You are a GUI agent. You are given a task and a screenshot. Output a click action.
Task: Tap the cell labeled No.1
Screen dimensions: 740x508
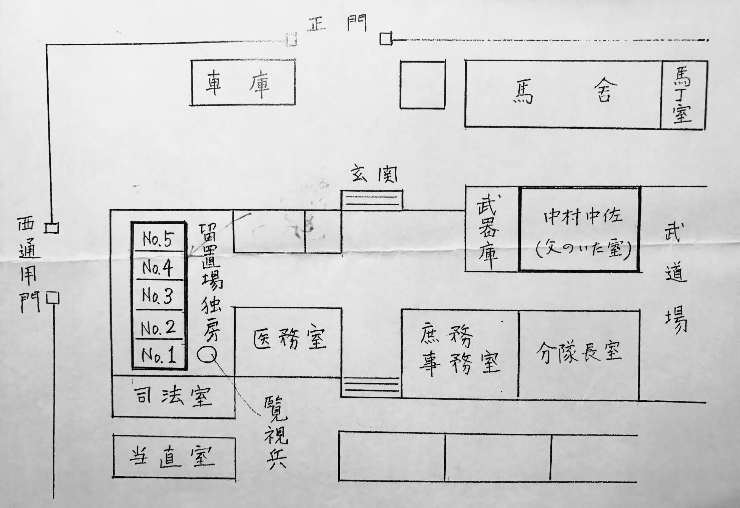click(x=159, y=355)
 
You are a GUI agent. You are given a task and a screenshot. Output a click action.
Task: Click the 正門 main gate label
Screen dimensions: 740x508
click(x=337, y=23)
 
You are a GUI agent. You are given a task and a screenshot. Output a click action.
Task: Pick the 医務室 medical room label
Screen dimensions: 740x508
click(x=289, y=339)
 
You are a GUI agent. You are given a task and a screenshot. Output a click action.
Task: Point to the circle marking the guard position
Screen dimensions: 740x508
click(x=207, y=354)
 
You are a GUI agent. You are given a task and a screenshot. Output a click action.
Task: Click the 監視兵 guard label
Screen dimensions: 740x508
click(x=276, y=433)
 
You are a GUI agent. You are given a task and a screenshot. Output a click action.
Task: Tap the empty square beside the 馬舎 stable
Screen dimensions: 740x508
click(x=422, y=85)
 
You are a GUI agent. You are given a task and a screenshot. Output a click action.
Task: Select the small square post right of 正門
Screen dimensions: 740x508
click(x=386, y=39)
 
